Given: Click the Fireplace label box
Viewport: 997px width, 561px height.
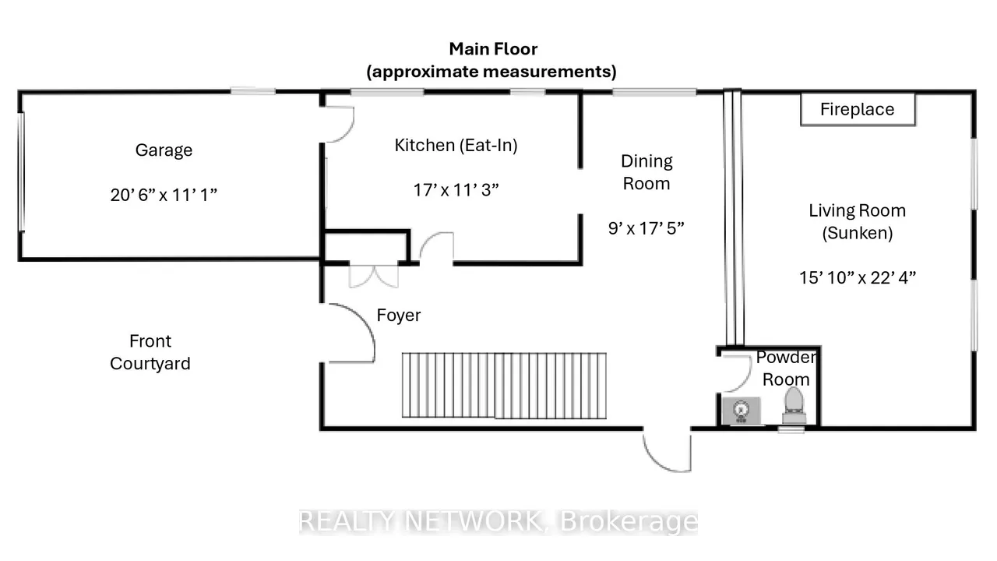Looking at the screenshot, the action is point(858,110).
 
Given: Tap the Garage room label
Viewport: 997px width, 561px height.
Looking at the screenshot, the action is point(164,150).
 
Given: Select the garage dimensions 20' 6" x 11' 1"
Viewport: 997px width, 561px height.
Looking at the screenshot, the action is point(164,195).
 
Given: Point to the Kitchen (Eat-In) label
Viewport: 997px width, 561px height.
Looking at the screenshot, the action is point(456,145).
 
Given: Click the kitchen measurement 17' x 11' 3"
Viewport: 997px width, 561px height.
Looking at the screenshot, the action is point(456,190).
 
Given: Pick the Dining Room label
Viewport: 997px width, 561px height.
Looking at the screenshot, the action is point(646,172).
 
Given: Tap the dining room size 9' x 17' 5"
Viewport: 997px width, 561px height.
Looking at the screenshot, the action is point(646,228).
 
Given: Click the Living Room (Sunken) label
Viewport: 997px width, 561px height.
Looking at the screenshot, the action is point(858,222).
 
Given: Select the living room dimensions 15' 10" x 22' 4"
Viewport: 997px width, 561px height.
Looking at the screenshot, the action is point(858,278).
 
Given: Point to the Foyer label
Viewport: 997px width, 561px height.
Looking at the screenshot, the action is point(398,316).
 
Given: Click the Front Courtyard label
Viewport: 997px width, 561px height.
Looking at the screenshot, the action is point(150,352).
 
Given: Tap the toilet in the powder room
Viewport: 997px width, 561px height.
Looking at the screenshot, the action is point(794,405).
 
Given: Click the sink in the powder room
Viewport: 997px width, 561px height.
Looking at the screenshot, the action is point(741,410).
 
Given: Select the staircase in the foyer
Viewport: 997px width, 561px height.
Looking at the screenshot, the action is point(504,386).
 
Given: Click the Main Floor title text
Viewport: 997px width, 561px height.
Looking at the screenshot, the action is point(493,49).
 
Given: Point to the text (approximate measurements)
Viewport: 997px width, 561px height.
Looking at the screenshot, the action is point(491,72).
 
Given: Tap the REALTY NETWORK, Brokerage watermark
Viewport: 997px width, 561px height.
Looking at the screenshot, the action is point(498,521).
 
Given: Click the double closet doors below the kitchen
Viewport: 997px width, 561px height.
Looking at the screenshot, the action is point(374,276).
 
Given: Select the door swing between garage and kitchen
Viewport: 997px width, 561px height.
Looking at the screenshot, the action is point(340,125).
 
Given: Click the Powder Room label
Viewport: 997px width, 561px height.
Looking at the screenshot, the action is point(786,369).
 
